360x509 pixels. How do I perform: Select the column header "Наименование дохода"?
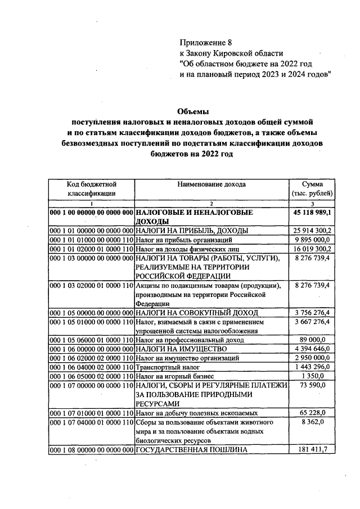click(x=211, y=184)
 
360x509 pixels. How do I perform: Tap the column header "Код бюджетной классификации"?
click(x=91, y=188)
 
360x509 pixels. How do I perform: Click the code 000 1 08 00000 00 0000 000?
click(x=91, y=449)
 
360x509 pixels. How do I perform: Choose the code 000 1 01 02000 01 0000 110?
click(x=91, y=247)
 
